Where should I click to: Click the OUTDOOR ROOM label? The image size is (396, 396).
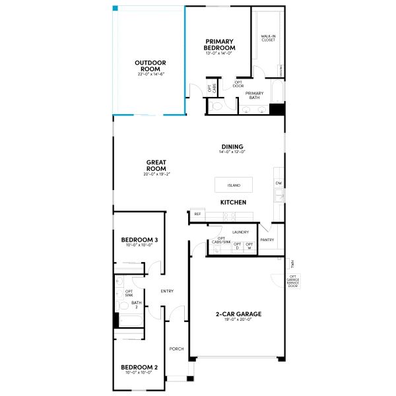[150, 65]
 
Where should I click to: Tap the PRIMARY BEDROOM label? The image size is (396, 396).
[220, 44]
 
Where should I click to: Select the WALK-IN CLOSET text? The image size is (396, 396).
[268, 39]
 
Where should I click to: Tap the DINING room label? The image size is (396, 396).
[232, 147]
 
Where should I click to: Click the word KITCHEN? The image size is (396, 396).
[233, 201]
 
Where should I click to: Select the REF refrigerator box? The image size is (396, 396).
[197, 214]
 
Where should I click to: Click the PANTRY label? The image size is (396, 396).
[267, 240]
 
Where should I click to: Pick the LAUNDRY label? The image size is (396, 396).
[240, 232]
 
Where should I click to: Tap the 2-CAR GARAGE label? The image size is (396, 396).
[239, 313]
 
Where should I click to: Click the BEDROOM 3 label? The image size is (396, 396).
[139, 240]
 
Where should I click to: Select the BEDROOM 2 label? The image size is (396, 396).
[139, 367]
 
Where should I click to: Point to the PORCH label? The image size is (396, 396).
[176, 349]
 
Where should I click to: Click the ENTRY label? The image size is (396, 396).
[167, 291]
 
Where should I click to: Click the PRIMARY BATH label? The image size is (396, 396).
[254, 95]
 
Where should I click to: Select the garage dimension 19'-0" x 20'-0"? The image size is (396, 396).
[239, 320]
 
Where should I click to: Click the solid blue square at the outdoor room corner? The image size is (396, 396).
[115, 9]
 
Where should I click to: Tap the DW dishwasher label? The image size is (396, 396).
[279, 183]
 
